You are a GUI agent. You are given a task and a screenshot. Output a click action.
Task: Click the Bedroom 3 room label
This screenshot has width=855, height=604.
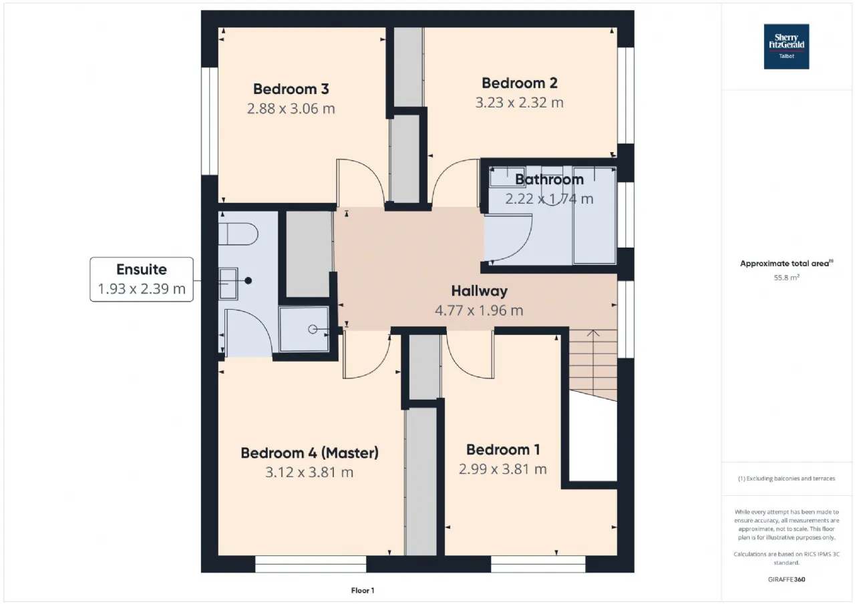[x=291, y=89]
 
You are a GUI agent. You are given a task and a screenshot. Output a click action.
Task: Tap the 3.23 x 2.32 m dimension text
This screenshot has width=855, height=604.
[x=519, y=103]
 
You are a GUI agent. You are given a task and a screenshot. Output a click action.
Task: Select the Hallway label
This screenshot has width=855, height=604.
[x=480, y=291]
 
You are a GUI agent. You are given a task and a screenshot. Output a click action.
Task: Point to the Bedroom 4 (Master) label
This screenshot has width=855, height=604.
[x=309, y=453]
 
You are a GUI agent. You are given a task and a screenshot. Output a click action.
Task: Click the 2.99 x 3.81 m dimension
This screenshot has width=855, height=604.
[x=503, y=469]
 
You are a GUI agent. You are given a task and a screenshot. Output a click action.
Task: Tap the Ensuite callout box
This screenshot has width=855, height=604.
[x=142, y=280]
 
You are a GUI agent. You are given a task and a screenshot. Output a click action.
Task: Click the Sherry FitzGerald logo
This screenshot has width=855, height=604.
[x=786, y=47]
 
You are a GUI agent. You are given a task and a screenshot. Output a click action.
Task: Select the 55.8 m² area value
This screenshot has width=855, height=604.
[x=786, y=278]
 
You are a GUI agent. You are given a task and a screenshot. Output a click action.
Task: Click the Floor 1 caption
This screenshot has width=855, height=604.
[x=363, y=591]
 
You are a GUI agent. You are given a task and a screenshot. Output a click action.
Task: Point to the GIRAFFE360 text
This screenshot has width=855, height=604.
[x=786, y=579]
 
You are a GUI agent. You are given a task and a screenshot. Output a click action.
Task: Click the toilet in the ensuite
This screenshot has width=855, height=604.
[x=238, y=234]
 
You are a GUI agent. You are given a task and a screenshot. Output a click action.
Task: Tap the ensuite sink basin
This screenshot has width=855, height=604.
[x=228, y=284]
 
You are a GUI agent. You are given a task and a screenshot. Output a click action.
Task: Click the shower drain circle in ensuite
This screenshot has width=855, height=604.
[x=313, y=329]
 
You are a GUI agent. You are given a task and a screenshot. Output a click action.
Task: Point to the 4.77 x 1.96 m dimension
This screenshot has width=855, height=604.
[x=479, y=311]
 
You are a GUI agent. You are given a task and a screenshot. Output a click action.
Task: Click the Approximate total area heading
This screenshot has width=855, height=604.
[x=786, y=264]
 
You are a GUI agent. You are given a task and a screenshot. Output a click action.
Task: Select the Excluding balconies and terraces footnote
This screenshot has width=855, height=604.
[x=786, y=479]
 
